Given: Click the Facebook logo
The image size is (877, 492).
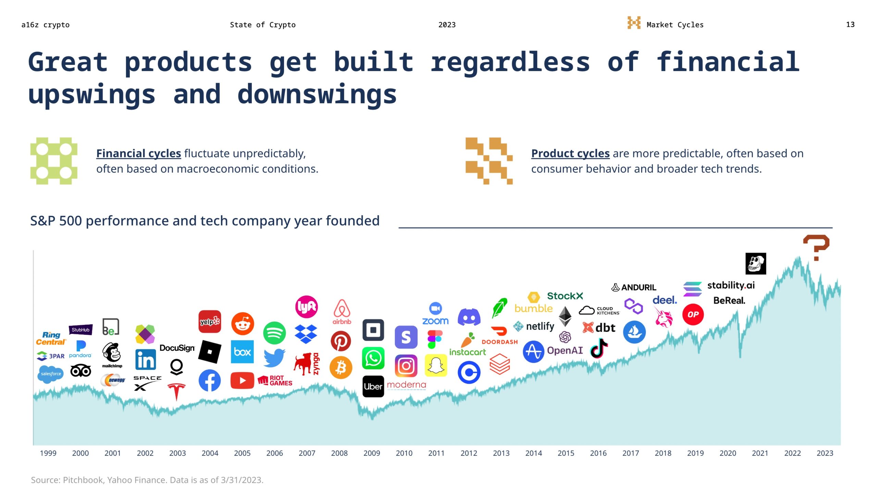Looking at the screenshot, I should tap(209, 380).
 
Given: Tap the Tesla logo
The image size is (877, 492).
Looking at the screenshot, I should tap(176, 391).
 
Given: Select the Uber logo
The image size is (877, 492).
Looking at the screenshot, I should tap(373, 386).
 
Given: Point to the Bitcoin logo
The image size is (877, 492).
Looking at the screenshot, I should tap(341, 368).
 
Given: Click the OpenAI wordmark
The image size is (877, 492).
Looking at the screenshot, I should tap(565, 350).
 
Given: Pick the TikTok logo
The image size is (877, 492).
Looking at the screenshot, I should tap(599, 348).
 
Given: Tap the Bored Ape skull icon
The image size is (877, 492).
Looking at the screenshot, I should tap(755, 263).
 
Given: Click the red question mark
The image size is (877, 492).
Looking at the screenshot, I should tap(816, 247).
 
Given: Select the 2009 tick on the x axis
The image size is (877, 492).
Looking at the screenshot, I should tap(371, 453).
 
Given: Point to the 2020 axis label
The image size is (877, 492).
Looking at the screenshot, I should tap(727, 453).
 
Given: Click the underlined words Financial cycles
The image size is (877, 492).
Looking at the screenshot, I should tap(138, 153).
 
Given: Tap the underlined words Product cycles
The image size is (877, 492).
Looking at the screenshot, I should tap(570, 153).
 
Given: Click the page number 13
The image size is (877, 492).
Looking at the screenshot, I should tap(850, 25).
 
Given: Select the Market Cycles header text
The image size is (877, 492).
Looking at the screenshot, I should tap(675, 25).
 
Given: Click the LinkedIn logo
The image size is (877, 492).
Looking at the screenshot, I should tap(146, 359).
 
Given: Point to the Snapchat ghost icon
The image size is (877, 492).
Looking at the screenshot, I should tap(436, 365).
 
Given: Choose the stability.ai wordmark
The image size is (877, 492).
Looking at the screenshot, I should tap(731, 285).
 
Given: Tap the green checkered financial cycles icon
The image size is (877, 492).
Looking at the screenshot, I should tap(54, 161).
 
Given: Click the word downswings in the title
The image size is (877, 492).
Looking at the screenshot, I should tap(317, 94).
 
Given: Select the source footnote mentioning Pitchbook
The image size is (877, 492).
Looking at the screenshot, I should tap(147, 480).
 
